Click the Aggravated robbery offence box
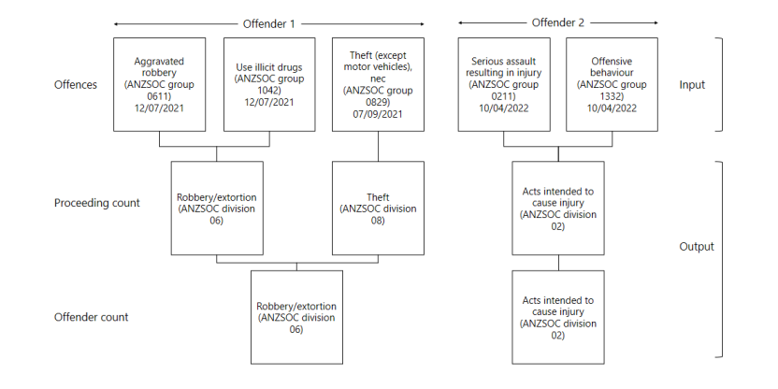(161, 84)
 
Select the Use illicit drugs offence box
(268, 84)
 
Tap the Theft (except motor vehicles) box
(377, 84)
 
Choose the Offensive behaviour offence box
(612, 84)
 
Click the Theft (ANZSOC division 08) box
(377, 207)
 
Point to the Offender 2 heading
(557, 22)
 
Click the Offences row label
(75, 85)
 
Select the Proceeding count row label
(96, 203)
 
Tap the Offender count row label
(91, 317)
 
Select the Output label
(697, 247)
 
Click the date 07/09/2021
(377, 115)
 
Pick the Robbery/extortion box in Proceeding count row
(216, 207)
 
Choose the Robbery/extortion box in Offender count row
(296, 317)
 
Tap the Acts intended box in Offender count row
(557, 317)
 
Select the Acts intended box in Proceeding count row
(557, 207)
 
